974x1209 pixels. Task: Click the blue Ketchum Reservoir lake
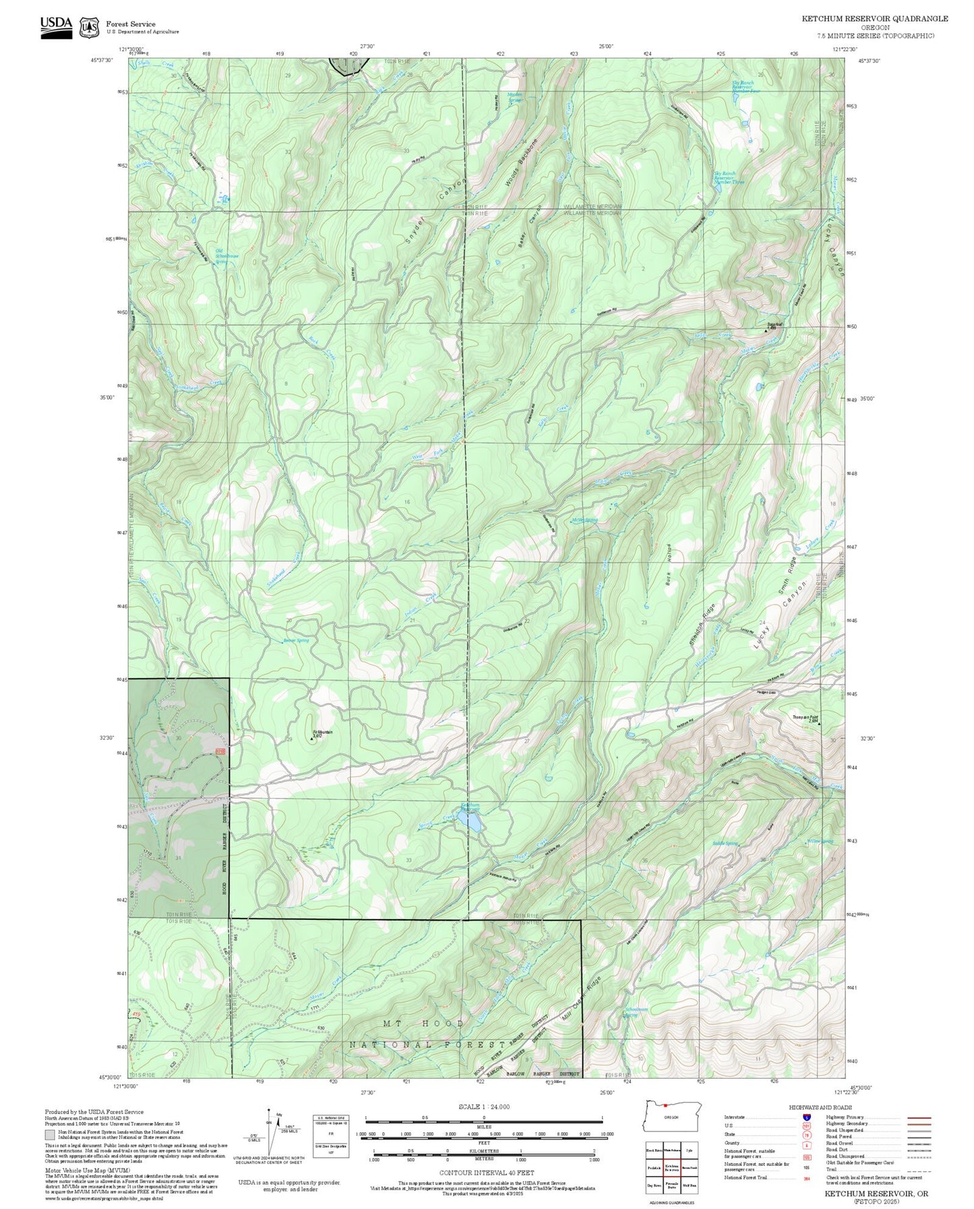(x=469, y=821)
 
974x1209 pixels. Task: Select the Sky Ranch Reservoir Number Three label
(x=729, y=178)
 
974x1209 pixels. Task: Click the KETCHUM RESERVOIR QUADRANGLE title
(x=874, y=19)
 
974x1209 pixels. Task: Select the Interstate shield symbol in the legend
(x=806, y=1117)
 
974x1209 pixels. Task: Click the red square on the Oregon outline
(x=665, y=1105)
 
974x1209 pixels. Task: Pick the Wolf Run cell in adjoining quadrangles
(x=690, y=1184)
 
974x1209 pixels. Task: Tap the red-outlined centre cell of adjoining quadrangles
(x=671, y=1167)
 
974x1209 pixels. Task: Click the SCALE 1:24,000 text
(x=483, y=1107)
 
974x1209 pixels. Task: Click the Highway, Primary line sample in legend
(x=919, y=1117)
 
